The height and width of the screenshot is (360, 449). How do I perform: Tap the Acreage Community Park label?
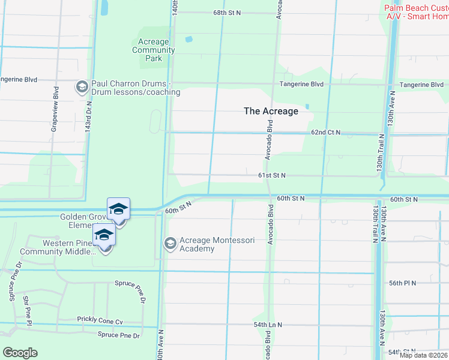[x=154, y=50]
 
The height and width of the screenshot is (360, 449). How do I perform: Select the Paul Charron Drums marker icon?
[x=81, y=88]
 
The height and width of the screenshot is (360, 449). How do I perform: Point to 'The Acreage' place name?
[x=271, y=111]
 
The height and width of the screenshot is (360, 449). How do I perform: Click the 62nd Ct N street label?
[x=325, y=132]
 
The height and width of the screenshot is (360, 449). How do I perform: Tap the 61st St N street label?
[x=271, y=175]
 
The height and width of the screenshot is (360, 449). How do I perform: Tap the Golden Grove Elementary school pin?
[x=118, y=209]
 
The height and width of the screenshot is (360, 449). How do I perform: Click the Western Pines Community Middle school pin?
[x=104, y=235]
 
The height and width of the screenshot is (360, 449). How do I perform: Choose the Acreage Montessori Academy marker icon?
[x=170, y=244]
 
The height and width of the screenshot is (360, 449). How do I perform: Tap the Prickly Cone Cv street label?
[x=100, y=321]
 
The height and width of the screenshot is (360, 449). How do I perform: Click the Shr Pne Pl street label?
[x=26, y=311]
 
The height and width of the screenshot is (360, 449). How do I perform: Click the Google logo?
[x=20, y=353]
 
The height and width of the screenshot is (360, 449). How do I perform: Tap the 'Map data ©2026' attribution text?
[x=424, y=355]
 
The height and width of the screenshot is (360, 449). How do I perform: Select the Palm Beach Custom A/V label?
[x=417, y=12]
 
